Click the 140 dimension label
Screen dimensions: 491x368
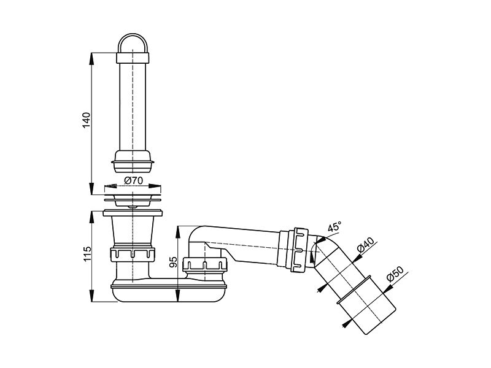pos(86,120)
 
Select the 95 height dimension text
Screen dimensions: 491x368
pos(173,263)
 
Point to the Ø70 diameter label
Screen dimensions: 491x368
pos(133,180)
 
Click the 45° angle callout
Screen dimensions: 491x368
pos(334,226)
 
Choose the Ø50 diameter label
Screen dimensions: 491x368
pos(395,274)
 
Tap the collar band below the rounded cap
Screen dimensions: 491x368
pos(133,58)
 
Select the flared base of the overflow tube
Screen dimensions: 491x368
pos(133,162)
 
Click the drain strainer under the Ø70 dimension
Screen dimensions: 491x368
pos(133,201)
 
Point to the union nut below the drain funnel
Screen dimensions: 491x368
pos(133,255)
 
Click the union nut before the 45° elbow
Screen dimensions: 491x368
pos(300,250)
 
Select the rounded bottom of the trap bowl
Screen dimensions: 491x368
pos(169,294)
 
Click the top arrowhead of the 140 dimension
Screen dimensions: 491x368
pos(91,59)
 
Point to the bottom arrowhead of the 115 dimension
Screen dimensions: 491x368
pos(91,296)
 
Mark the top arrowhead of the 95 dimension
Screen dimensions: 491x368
pos(177,232)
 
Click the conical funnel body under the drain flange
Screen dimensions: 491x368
pos(133,231)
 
